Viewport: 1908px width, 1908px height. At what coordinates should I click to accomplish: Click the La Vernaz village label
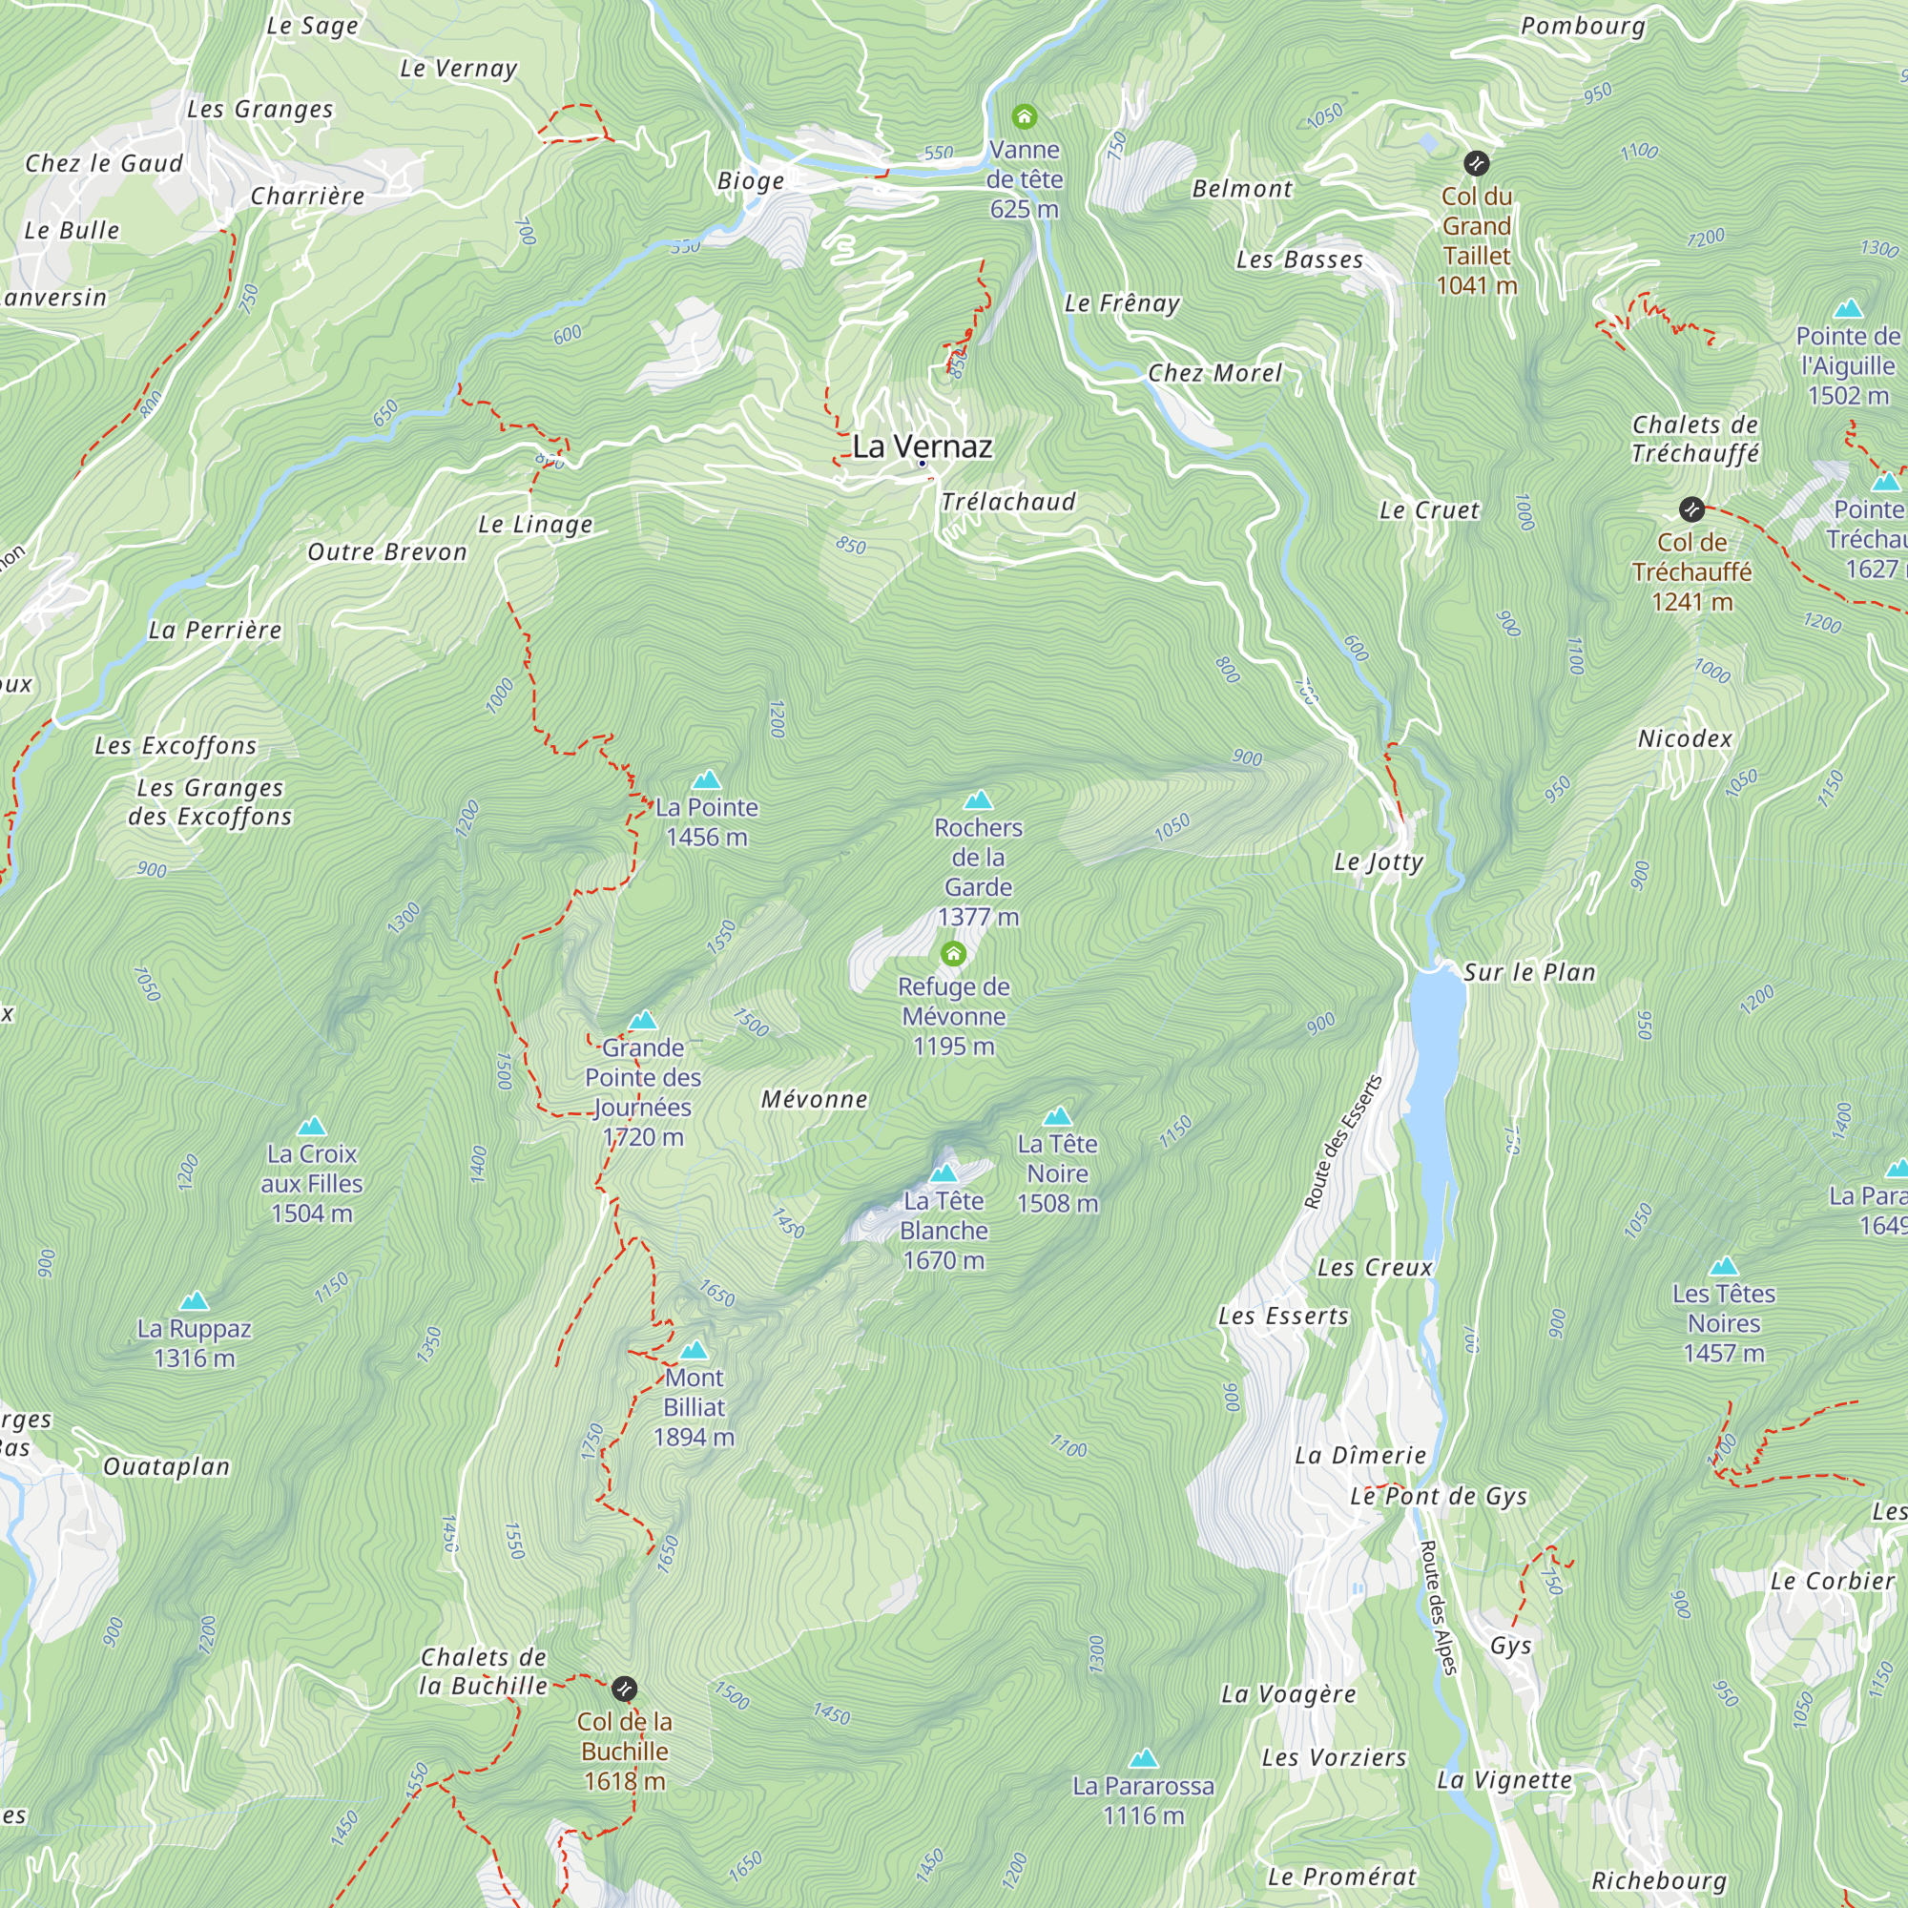[922, 446]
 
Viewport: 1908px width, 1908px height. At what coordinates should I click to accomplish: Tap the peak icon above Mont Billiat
[695, 1350]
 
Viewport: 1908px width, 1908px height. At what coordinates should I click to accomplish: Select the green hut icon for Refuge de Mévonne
[953, 954]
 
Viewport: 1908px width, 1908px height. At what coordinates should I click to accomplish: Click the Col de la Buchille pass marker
[624, 1689]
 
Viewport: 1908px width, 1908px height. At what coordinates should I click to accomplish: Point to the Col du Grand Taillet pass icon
[1477, 163]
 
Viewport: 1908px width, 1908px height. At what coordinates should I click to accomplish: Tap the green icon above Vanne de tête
[1024, 117]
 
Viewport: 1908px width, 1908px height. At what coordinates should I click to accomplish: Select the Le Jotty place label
[1379, 862]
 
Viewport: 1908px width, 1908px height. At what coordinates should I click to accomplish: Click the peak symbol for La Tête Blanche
[944, 1173]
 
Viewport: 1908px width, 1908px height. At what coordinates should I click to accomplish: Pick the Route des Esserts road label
[1342, 1143]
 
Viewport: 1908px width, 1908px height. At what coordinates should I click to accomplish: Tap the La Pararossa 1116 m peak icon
[1144, 1758]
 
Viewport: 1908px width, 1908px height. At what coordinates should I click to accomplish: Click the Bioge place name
[751, 180]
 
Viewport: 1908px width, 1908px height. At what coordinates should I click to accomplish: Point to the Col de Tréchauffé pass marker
[1691, 509]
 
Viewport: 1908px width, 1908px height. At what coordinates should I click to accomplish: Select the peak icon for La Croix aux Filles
[312, 1126]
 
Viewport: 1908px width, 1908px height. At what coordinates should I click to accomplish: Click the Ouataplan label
[167, 1466]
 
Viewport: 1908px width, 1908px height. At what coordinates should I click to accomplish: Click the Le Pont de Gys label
[1439, 1496]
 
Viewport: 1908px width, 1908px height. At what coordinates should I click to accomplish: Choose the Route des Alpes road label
[1438, 1607]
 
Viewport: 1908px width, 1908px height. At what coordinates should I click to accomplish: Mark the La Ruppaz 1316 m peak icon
[195, 1300]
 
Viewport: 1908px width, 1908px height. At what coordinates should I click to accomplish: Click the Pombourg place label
[1583, 27]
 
